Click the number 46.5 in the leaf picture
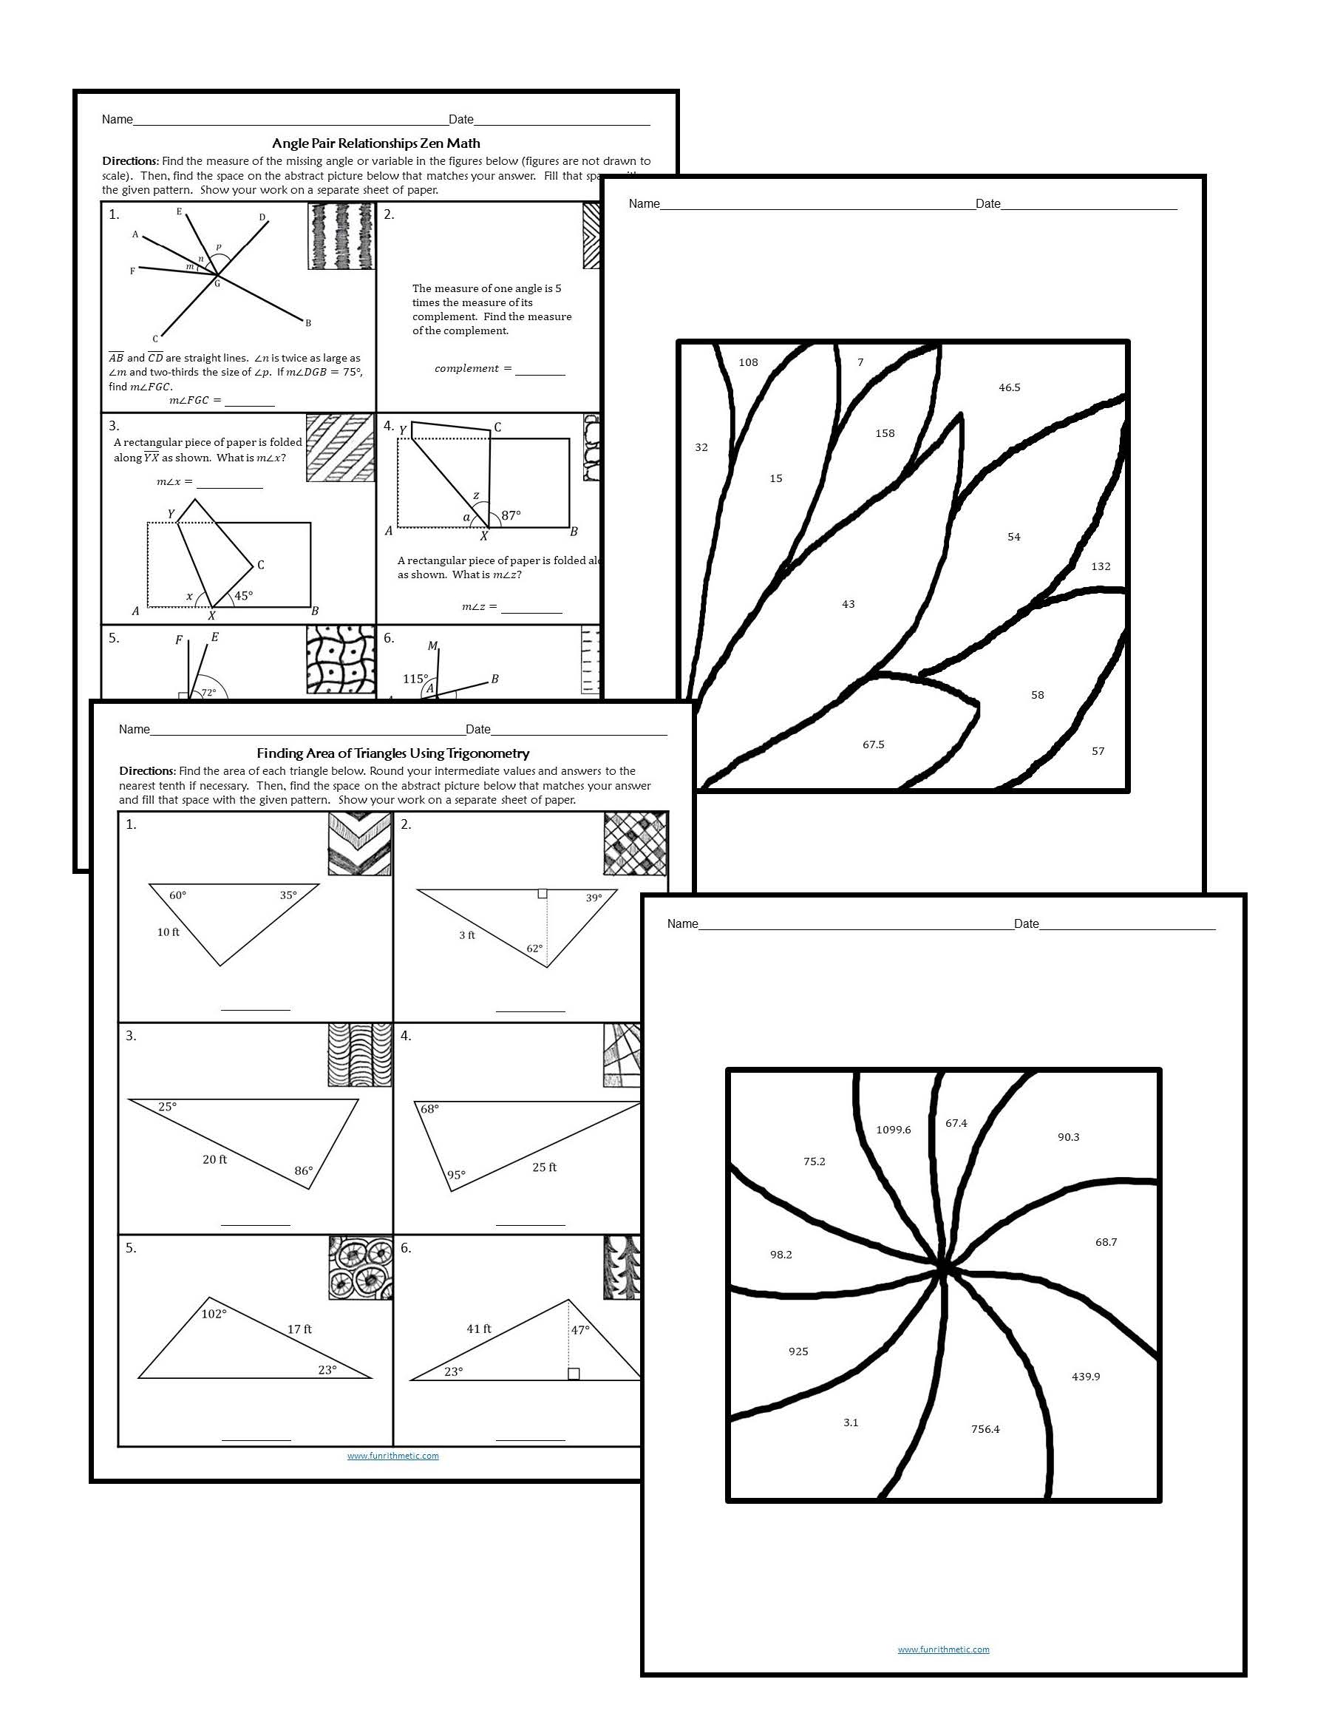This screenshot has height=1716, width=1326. (x=1010, y=387)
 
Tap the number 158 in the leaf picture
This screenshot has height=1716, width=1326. (x=885, y=433)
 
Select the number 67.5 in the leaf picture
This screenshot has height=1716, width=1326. (x=873, y=744)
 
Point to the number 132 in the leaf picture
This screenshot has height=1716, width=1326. (x=1101, y=566)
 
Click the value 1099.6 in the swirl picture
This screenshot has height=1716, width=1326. (x=893, y=1130)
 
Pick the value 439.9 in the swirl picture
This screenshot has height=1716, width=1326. (x=1086, y=1376)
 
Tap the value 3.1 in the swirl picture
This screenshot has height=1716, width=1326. (x=851, y=1422)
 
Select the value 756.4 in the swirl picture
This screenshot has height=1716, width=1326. (x=985, y=1428)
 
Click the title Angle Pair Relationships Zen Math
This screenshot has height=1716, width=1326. (x=375, y=143)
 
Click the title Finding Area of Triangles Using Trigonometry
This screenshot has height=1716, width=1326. (x=392, y=753)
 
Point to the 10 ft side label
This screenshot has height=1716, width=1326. (x=168, y=932)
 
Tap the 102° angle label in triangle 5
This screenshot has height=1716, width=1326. (x=214, y=1314)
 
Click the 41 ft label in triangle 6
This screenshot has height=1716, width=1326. (x=478, y=1329)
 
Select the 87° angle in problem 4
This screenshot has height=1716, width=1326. (x=511, y=515)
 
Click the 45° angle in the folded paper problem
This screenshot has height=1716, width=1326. (x=243, y=596)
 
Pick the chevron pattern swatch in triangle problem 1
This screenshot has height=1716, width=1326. (x=359, y=844)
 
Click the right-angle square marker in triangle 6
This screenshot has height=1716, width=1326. (x=574, y=1374)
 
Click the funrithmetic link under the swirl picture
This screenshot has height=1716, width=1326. (x=943, y=1649)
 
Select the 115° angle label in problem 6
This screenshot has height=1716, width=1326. (x=415, y=679)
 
